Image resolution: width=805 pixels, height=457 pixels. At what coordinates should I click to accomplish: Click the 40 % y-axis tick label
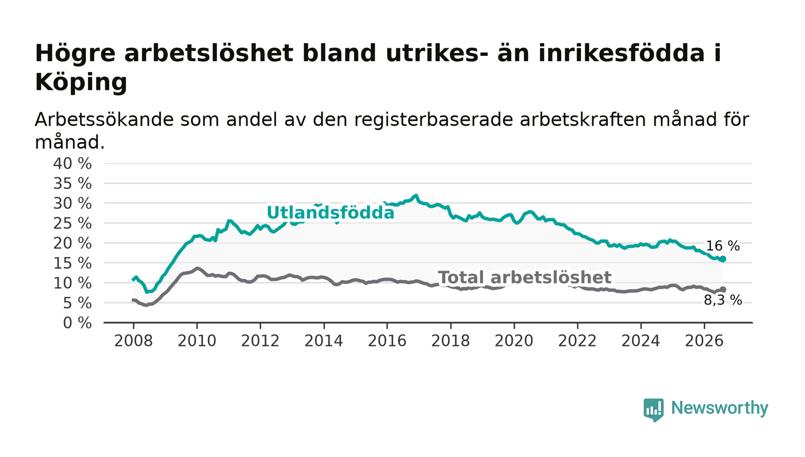72,163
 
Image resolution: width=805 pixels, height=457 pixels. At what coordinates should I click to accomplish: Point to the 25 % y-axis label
72,223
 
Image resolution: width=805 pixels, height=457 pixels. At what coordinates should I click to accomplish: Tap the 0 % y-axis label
77,323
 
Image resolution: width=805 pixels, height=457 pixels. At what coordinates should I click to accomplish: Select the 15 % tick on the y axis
72,264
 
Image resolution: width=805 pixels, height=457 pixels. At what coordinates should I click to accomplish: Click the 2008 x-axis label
133,341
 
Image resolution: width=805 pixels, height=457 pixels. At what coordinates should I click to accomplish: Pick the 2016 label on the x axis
387,341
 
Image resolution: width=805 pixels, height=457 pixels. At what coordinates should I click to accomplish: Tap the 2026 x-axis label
704,341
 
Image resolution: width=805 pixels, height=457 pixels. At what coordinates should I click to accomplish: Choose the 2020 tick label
514,341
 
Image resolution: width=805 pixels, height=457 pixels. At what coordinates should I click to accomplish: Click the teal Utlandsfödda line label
331,212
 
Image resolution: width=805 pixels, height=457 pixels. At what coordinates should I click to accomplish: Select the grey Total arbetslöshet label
525,277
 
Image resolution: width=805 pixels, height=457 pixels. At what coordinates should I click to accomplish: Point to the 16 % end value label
723,246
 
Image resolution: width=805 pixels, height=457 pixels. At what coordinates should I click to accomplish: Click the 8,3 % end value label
723,300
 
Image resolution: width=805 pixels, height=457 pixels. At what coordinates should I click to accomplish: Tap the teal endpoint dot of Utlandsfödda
723,259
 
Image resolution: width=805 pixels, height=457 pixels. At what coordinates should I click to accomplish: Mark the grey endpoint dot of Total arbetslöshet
723,290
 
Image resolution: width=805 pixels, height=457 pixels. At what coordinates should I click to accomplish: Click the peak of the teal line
416,195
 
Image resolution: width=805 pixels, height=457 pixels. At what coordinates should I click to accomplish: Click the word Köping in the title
81,82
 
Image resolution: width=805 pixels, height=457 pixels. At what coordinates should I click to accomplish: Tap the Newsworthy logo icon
654,410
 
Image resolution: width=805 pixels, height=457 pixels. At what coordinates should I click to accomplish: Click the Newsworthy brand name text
719,408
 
